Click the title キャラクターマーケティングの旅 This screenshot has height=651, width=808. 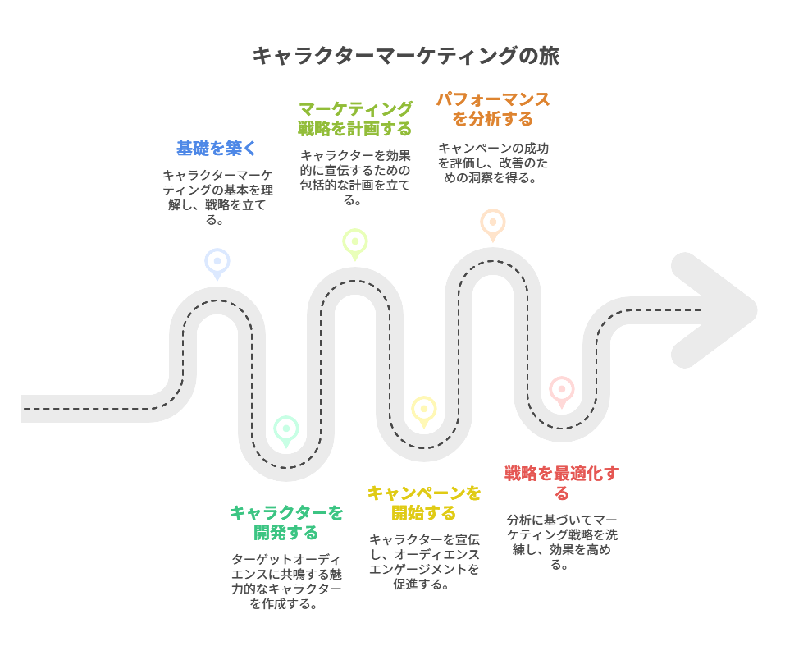click(405, 56)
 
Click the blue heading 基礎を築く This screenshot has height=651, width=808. click(217, 149)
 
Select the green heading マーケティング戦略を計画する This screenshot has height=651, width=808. click(355, 119)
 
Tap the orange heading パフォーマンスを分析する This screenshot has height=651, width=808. click(493, 109)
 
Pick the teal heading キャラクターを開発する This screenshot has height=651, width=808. click(286, 523)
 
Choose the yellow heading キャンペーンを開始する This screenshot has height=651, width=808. click(423, 503)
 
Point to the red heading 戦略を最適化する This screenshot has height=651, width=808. click(561, 484)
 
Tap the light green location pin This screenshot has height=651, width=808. click(355, 245)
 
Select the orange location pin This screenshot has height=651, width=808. click(493, 225)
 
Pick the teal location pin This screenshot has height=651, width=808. click(286, 432)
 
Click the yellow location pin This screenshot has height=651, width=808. click(423, 412)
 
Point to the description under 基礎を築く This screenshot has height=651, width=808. click(217, 198)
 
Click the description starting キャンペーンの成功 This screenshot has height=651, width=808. click(493, 163)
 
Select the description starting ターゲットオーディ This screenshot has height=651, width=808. click(286, 581)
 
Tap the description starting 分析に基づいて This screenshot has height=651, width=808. click(561, 542)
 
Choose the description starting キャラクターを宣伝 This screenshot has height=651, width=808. click(423, 562)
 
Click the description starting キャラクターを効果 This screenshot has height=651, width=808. click(355, 177)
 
